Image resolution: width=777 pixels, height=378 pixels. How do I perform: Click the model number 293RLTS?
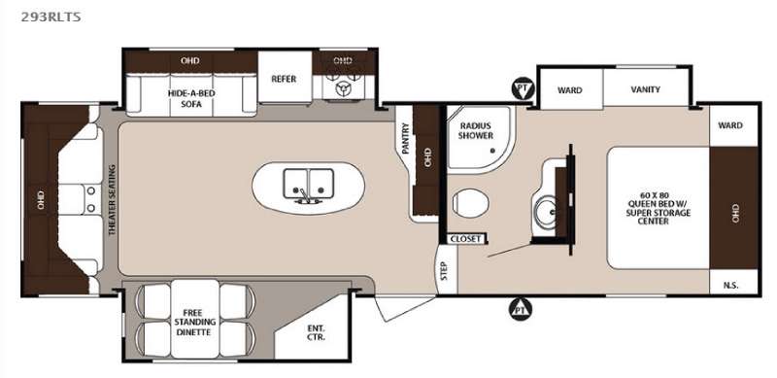[51, 17]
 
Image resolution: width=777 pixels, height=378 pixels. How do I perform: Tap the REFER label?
[284, 79]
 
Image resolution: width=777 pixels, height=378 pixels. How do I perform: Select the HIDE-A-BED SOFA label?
[191, 99]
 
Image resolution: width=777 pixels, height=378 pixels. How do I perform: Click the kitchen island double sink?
[308, 185]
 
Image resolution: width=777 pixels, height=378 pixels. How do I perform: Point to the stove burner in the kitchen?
[343, 87]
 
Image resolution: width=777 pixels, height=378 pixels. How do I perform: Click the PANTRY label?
[405, 138]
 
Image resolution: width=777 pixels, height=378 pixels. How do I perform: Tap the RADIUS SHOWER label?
[476, 130]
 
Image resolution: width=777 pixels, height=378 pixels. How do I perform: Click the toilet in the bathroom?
[470, 203]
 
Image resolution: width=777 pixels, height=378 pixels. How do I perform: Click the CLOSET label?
[466, 239]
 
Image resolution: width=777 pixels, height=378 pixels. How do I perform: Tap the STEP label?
[444, 271]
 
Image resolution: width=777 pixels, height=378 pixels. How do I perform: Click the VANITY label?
[646, 89]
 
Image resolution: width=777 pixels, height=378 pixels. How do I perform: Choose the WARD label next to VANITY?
[569, 90]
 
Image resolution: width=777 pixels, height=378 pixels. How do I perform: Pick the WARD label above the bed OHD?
[730, 125]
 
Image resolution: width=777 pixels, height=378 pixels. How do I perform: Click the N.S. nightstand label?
[731, 286]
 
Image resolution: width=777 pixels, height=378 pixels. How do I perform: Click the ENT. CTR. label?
[315, 332]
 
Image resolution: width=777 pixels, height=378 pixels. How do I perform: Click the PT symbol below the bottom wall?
[521, 310]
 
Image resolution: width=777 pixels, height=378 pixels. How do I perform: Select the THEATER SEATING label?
[112, 199]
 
